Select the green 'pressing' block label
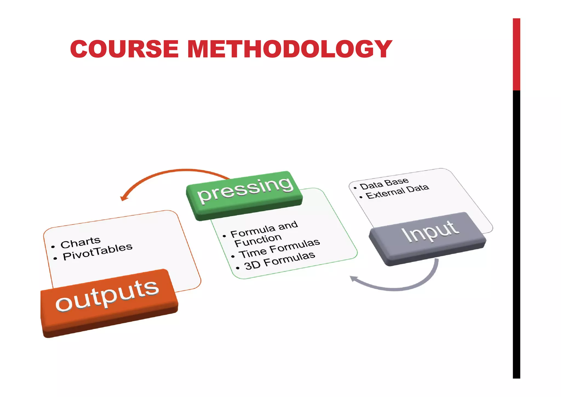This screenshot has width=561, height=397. click(245, 189)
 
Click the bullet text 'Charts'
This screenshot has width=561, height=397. click(81, 242)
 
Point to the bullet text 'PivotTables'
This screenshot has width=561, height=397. click(98, 252)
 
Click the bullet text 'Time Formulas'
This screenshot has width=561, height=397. click(279, 248)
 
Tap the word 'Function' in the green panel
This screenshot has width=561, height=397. click(258, 240)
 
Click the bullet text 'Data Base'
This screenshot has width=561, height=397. click(384, 183)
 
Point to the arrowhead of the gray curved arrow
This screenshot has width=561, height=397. click(354, 279)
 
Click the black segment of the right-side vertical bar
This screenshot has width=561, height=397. click(516, 233)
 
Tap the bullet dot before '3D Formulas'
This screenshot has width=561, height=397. click(237, 268)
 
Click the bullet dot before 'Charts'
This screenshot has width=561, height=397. click(53, 247)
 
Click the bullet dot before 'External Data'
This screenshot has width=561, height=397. click(361, 197)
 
